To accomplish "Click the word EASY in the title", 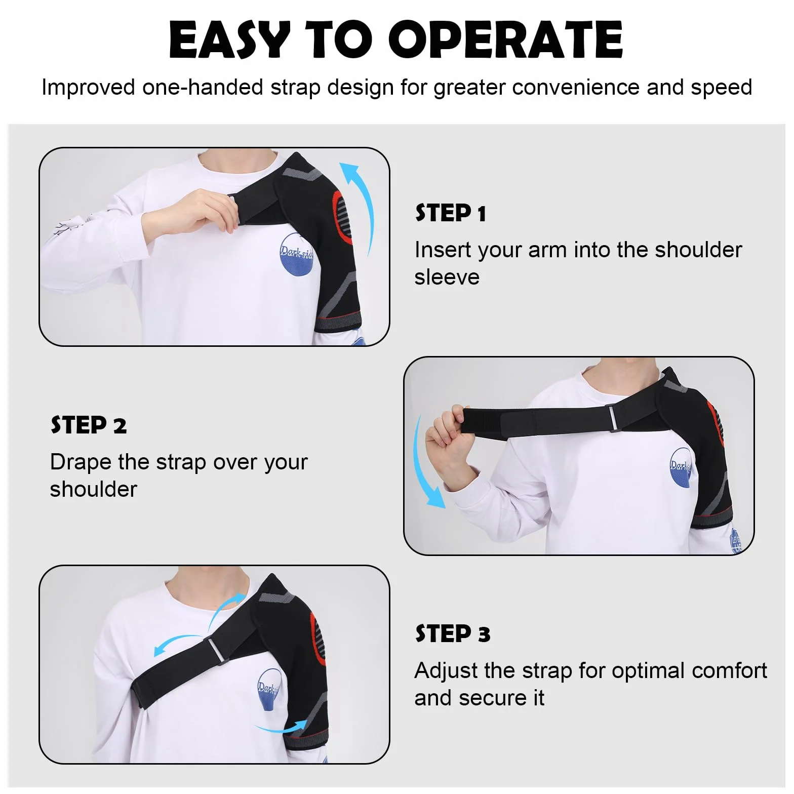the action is click(x=230, y=39).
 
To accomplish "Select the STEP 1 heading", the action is click(x=451, y=213).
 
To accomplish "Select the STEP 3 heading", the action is click(x=453, y=634).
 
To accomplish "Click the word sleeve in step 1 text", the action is click(x=447, y=277).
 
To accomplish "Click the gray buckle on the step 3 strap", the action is click(x=215, y=650).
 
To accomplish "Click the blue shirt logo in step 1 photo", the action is click(x=297, y=254).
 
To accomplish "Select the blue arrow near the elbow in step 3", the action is click(x=281, y=728).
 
